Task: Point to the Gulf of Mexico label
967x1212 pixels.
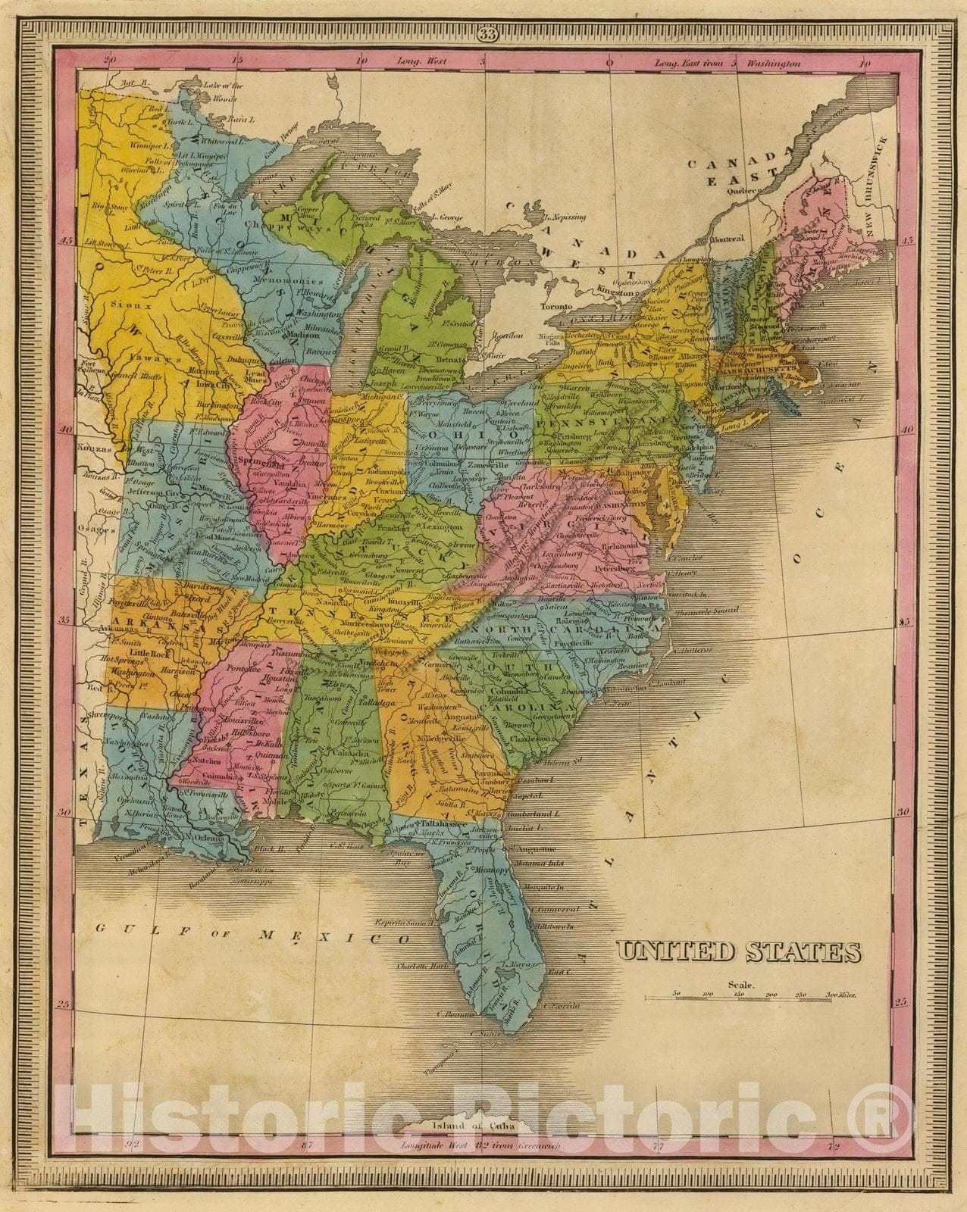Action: click(x=250, y=936)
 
